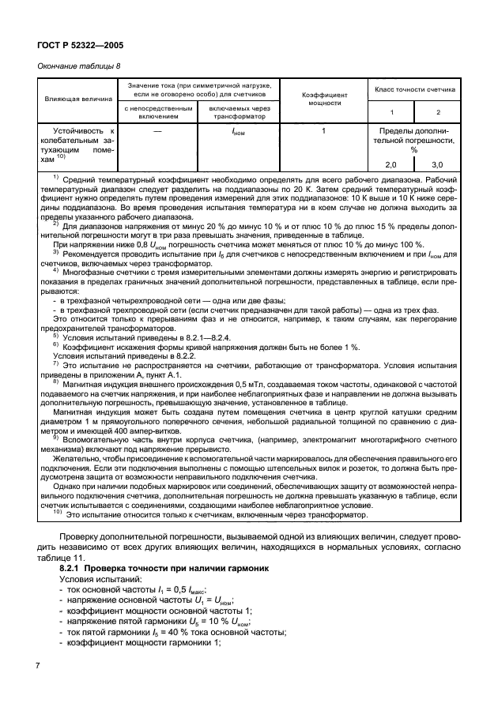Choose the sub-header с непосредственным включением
158,111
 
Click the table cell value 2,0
390,164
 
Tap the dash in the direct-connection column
158,130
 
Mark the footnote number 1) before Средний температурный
55,178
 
